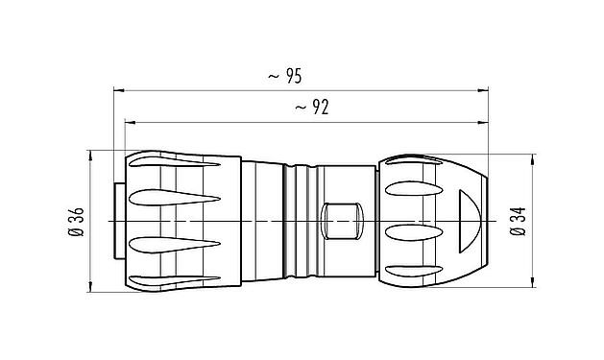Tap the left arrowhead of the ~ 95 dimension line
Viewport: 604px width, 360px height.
point(118,91)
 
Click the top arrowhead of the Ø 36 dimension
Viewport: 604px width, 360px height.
point(90,155)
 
